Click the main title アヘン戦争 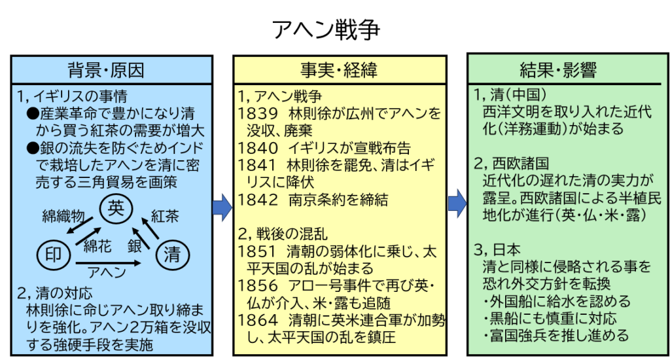(326, 30)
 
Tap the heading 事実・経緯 (339, 70)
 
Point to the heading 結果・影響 (558, 70)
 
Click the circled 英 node (116, 208)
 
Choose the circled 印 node (54, 255)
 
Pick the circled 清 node (173, 255)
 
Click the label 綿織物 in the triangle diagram (63, 217)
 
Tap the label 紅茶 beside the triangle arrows (165, 217)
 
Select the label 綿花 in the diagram (97, 246)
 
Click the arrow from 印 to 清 (108, 263)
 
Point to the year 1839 (258, 114)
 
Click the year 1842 (258, 200)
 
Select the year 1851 (258, 252)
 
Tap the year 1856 (258, 286)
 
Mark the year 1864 (258, 321)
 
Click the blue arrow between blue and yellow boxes (222, 207)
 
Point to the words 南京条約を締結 (338, 200)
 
